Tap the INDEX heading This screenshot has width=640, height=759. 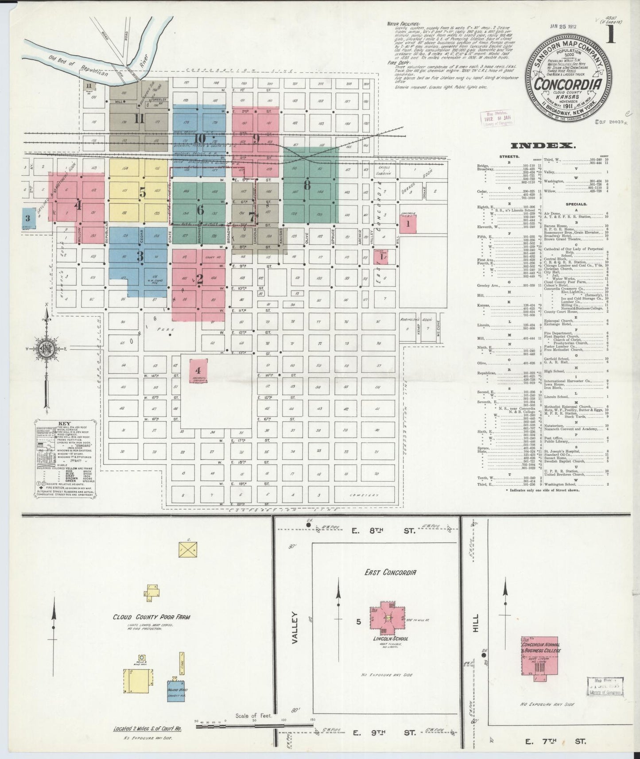(543, 145)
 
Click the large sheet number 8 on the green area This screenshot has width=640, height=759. (307, 184)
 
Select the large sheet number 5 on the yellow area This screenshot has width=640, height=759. (142, 192)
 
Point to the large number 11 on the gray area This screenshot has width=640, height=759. (140, 118)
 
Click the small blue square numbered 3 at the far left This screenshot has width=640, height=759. (28, 218)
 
